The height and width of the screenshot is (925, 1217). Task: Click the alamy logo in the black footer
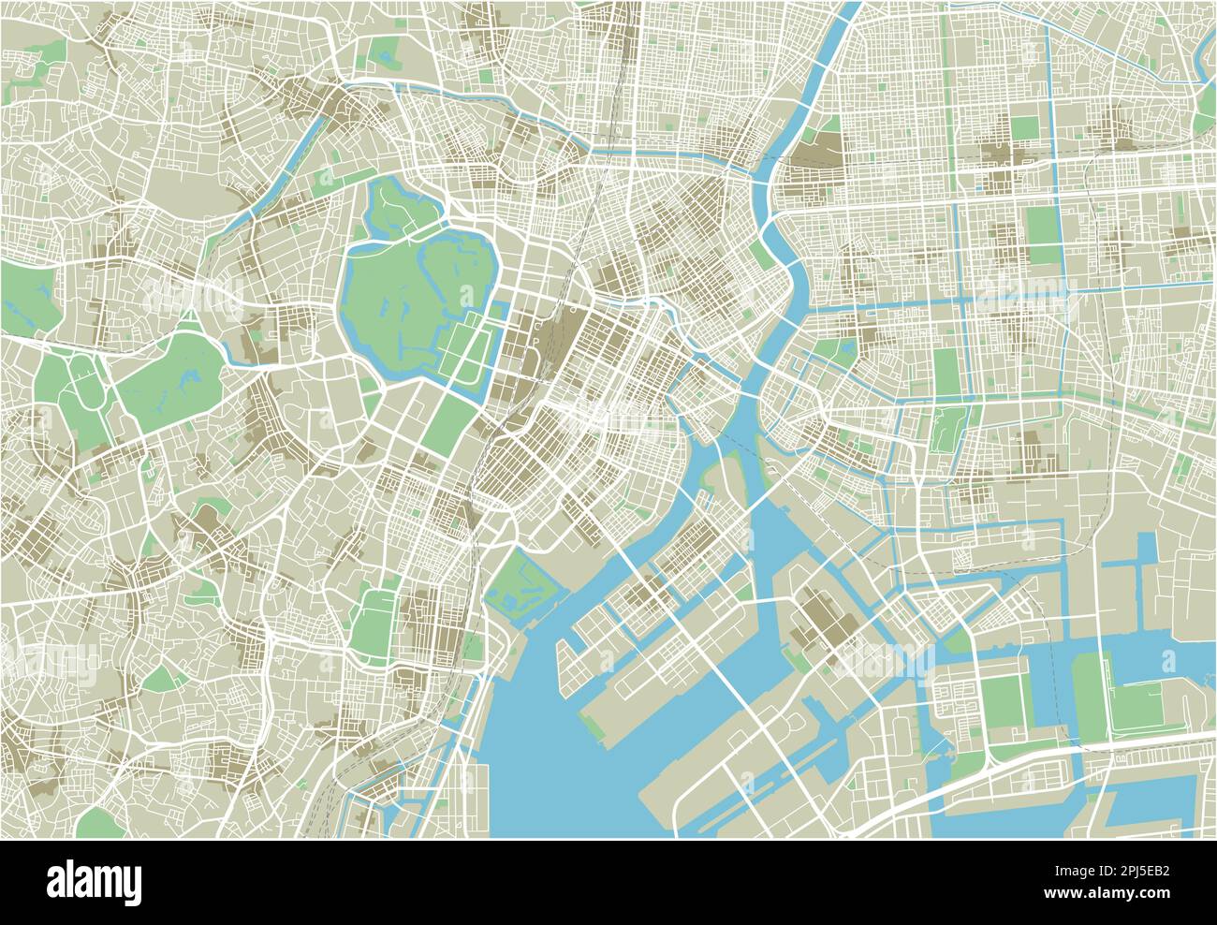[x=94, y=881]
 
